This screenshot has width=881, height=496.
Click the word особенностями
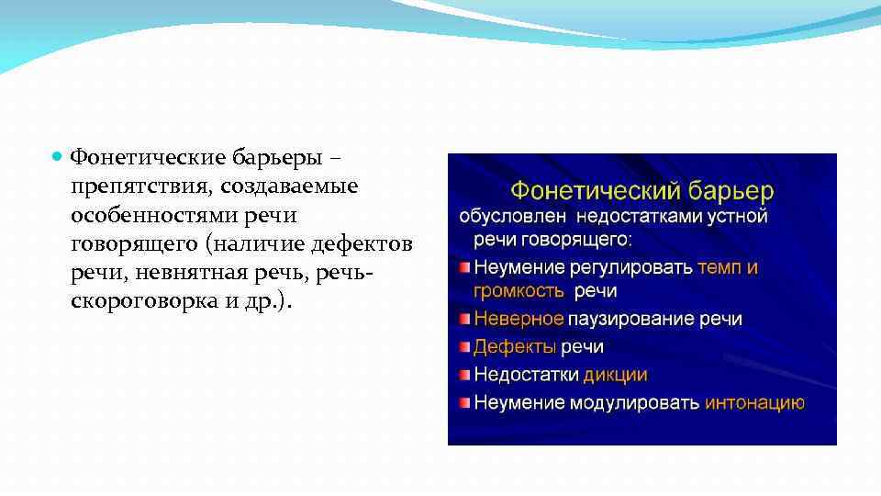coord(151,214)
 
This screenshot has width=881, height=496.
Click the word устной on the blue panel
coord(737,218)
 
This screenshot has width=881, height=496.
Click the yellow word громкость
coord(519,291)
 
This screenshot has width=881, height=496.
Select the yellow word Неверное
coord(519,320)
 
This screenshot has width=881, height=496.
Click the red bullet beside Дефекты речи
coord(465,347)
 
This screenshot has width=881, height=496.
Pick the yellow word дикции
coord(615,375)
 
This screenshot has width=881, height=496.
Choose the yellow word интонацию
coord(754,402)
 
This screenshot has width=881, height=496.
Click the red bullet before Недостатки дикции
coord(465,375)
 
